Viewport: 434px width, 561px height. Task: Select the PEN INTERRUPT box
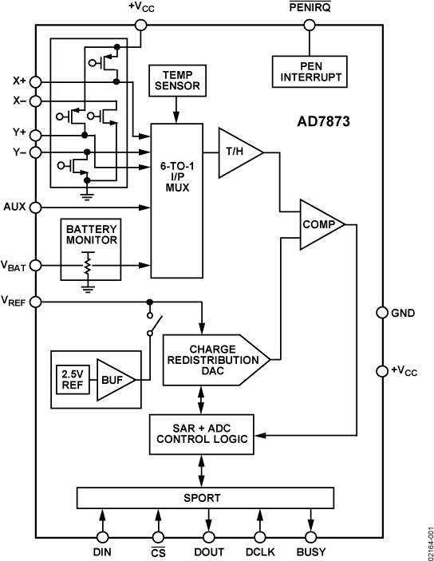click(307, 71)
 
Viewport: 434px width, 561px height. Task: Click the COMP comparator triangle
click(319, 224)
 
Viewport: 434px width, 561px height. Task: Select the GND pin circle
click(381, 313)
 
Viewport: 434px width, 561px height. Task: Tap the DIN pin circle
click(103, 537)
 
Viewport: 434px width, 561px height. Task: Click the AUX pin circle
click(36, 207)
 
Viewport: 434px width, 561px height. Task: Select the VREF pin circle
click(36, 302)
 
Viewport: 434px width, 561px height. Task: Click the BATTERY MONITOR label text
click(92, 233)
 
